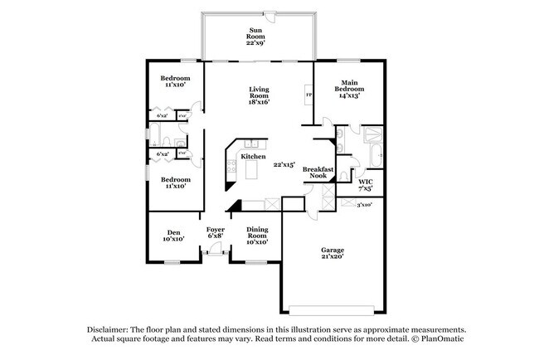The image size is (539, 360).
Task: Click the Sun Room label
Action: (257, 33)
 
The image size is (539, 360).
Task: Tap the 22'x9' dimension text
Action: (257, 42)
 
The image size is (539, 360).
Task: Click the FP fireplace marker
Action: (309, 95)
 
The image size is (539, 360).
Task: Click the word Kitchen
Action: (253, 156)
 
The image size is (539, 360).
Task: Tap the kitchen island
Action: (252, 171)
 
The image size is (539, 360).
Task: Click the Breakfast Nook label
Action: (318, 173)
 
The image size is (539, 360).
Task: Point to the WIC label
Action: (365, 181)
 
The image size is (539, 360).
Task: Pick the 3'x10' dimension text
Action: (363, 204)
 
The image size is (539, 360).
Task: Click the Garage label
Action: (333, 250)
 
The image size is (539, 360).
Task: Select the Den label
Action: (173, 232)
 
